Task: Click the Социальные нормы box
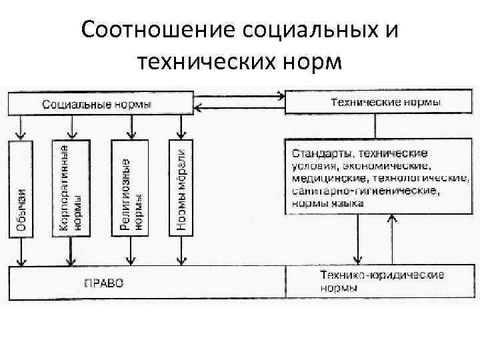coord(97,104)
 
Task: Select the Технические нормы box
coord(375,103)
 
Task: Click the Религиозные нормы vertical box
coord(132,187)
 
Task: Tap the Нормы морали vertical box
coord(181,187)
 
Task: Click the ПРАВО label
coord(104,283)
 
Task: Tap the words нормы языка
coord(327,203)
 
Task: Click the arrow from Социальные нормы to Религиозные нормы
coord(132,125)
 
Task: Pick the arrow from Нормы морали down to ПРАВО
coord(181,251)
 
